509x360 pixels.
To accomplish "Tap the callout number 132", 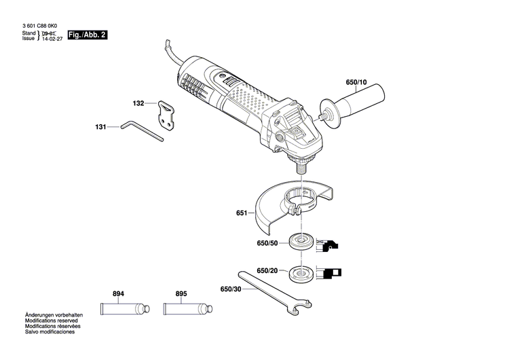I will pyautogui.click(x=138, y=104).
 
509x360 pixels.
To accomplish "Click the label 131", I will pyautogui.click(x=101, y=126).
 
